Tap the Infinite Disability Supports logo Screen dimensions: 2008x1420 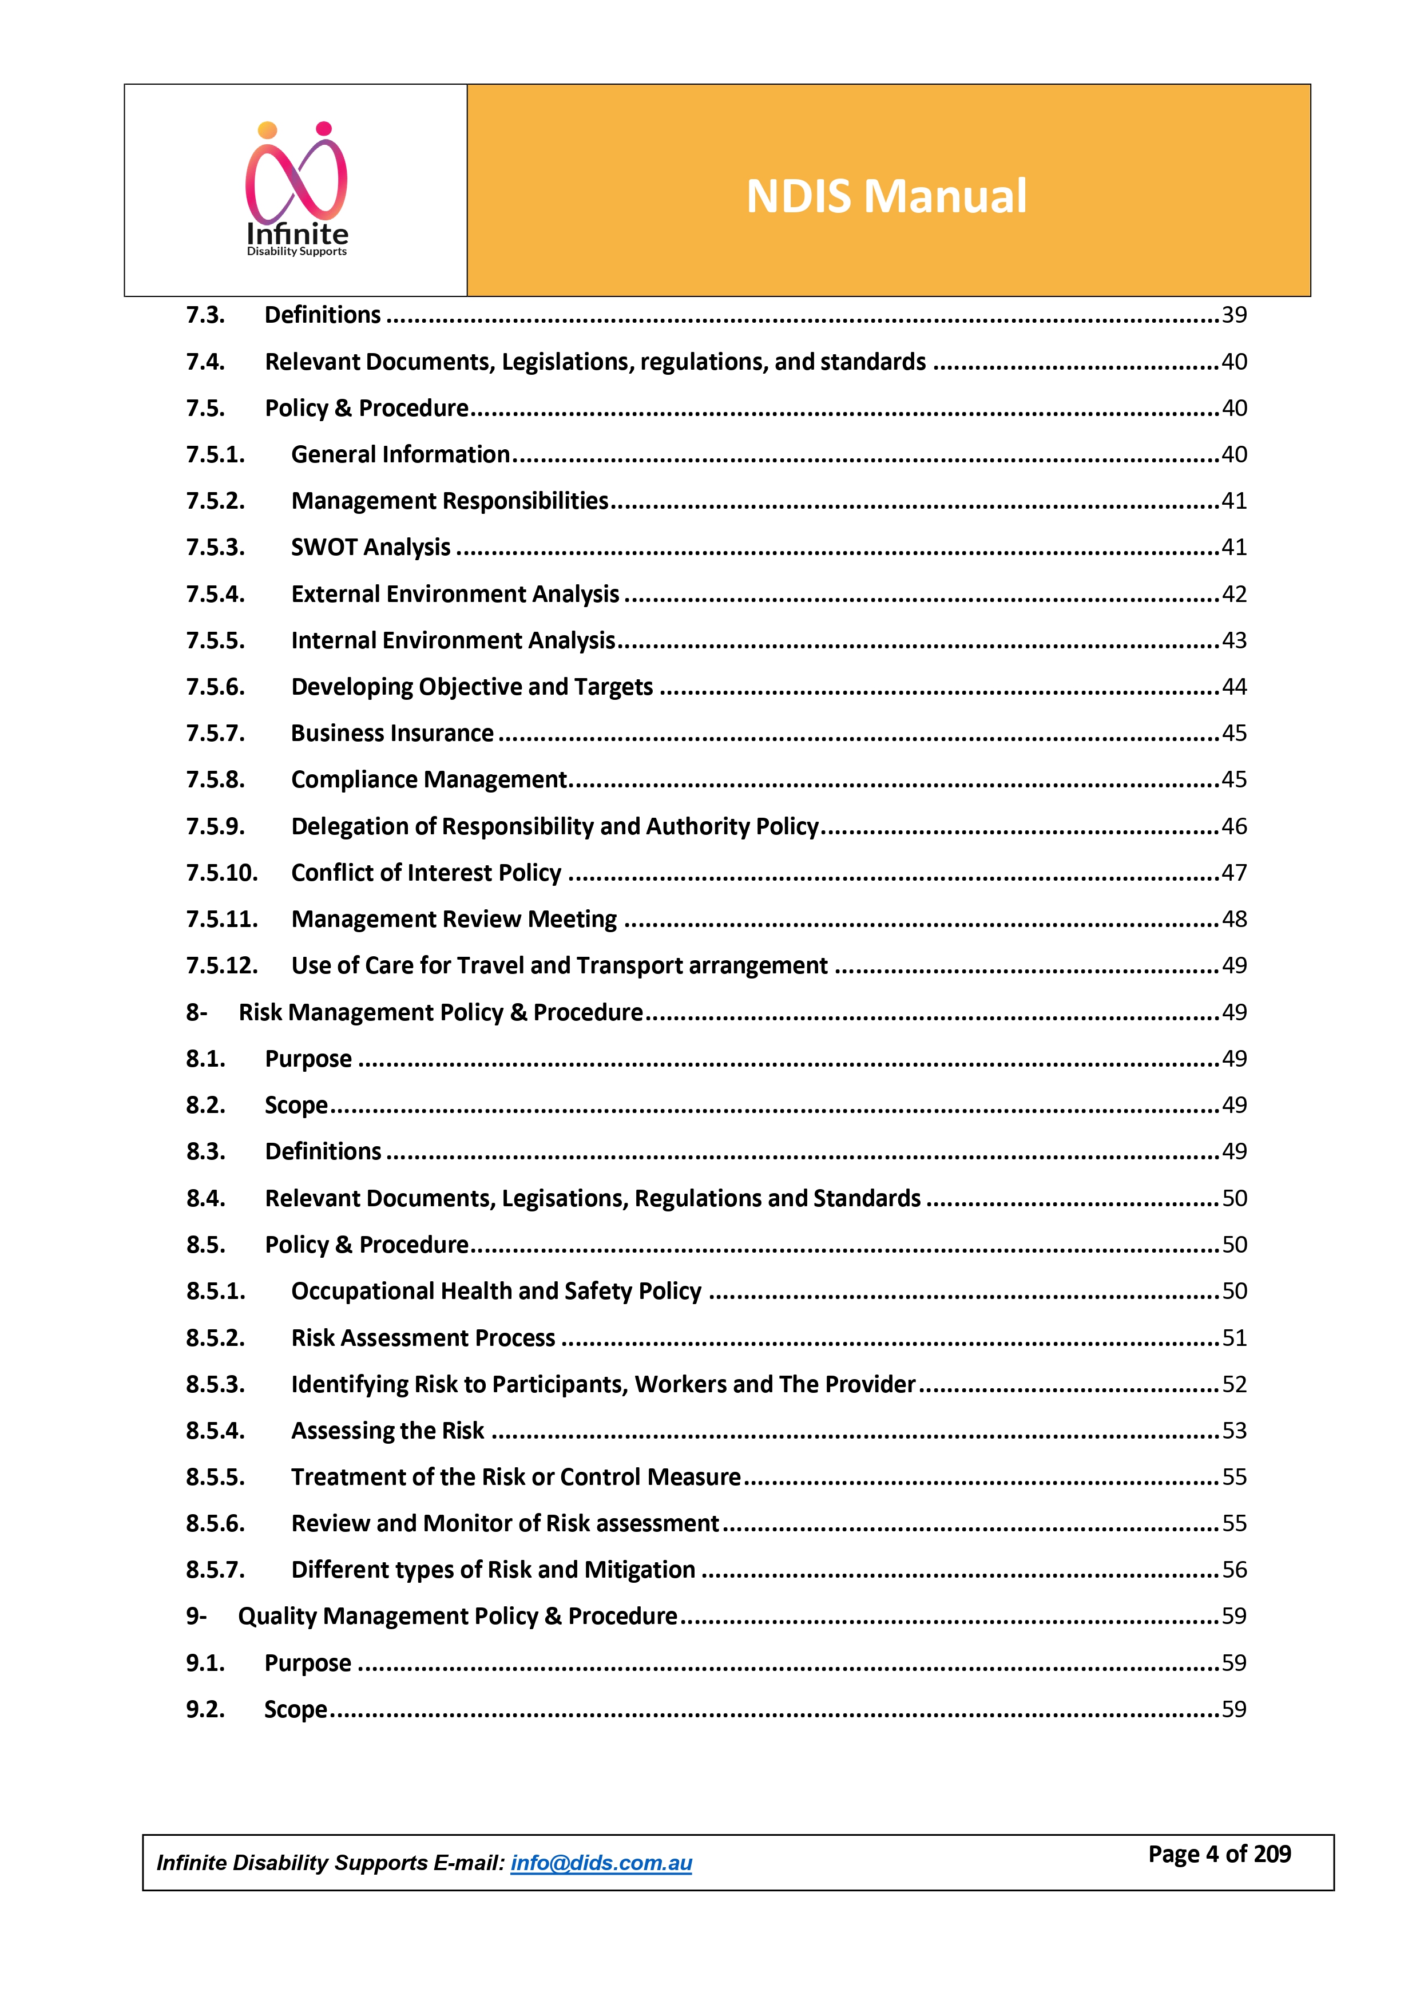(x=296, y=191)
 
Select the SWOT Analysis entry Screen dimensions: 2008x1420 (x=371, y=548)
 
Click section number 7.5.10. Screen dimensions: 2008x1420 (x=221, y=873)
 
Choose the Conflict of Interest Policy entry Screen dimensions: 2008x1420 (x=426, y=873)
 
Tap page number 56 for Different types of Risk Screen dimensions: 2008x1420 (x=1233, y=1570)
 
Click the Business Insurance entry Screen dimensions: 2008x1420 (x=392, y=733)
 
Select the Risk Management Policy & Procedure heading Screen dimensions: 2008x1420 (x=441, y=1013)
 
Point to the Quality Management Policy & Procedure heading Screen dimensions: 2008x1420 (x=457, y=1616)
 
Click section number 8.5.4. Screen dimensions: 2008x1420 (x=215, y=1431)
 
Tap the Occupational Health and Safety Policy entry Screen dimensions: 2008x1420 (x=496, y=1291)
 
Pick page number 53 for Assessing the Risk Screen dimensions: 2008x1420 (x=1233, y=1431)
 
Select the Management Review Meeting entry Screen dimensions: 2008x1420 (x=454, y=919)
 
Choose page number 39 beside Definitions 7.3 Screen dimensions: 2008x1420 (x=1233, y=315)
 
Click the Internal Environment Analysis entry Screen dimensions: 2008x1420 (x=453, y=640)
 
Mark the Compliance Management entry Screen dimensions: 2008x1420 (x=429, y=779)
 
